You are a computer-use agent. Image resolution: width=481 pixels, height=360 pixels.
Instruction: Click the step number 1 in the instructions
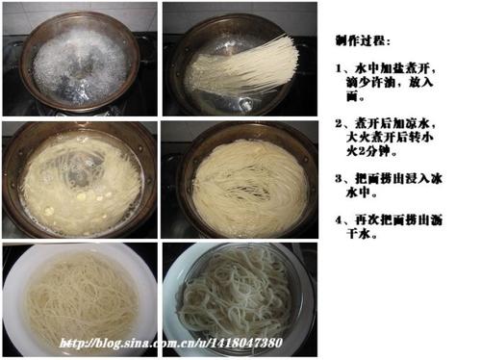click(x=339, y=69)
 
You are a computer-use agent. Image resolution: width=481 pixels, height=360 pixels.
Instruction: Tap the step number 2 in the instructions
click(x=339, y=123)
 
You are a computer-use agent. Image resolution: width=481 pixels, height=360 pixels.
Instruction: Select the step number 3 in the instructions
click(x=339, y=178)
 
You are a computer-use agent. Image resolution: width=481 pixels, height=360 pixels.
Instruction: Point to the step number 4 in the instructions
click(x=339, y=220)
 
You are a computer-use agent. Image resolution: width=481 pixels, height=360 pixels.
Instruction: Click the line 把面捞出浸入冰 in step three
click(x=398, y=178)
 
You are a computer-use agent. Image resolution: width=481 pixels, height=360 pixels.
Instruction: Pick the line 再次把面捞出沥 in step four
click(x=398, y=220)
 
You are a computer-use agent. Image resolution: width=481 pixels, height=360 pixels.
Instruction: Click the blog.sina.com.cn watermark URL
click(x=170, y=343)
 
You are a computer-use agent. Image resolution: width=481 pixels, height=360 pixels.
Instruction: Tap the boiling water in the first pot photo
click(x=80, y=67)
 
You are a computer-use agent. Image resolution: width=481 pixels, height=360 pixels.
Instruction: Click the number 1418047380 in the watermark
click(x=246, y=343)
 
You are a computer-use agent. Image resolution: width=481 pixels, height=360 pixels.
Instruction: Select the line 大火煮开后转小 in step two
click(x=390, y=138)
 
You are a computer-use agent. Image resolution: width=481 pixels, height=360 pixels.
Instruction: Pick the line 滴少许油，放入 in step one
click(x=390, y=83)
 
